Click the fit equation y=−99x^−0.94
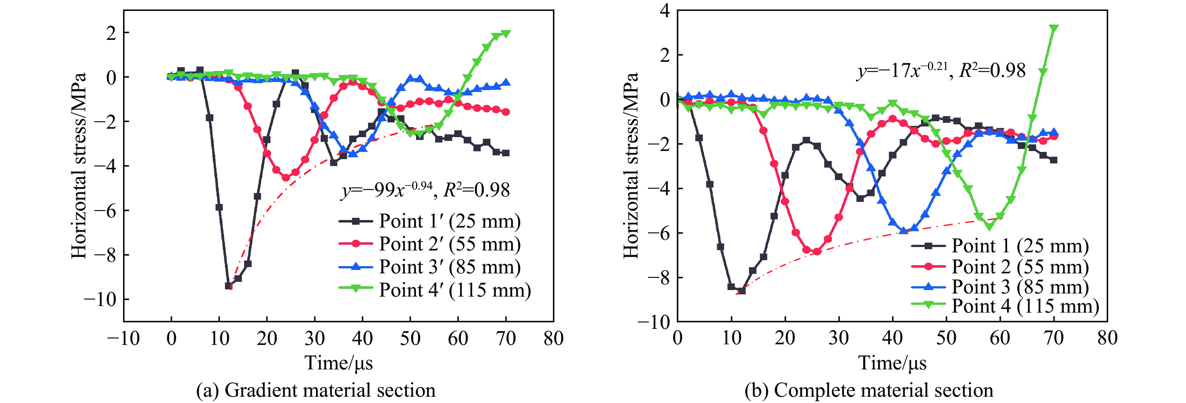[425, 190]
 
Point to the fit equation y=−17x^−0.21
[941, 71]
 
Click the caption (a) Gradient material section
[316, 390]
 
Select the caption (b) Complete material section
[869, 390]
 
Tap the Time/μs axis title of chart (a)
[339, 363]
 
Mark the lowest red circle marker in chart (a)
[286, 177]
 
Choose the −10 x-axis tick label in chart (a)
[123, 339]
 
